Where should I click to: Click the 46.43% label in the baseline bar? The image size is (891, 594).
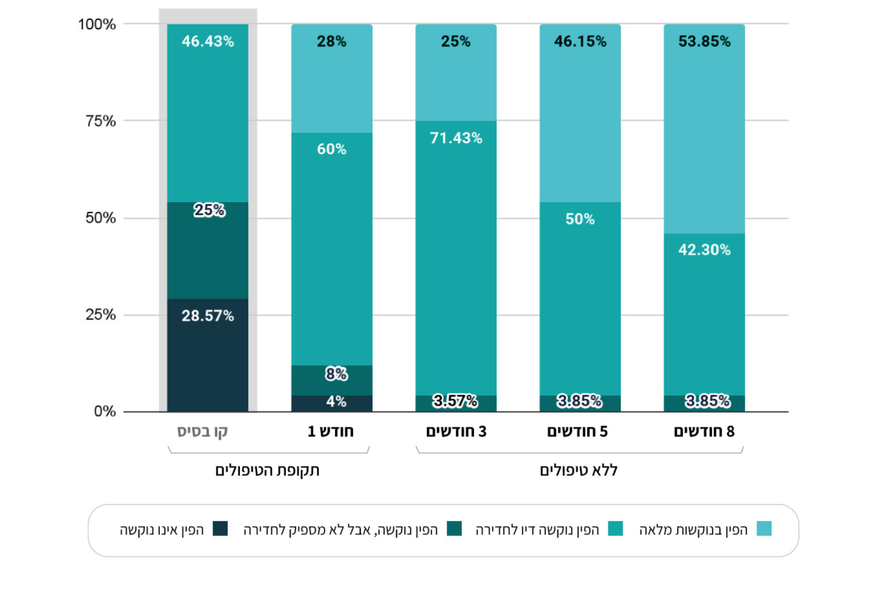(208, 41)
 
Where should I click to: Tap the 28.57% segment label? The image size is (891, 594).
(208, 315)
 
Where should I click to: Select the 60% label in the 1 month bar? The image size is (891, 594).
(332, 149)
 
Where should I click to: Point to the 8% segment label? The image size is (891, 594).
(336, 374)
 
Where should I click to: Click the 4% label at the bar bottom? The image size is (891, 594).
(336, 401)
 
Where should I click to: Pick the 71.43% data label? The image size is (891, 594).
(456, 138)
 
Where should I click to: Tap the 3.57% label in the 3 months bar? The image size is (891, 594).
(455, 401)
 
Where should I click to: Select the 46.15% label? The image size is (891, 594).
(580, 41)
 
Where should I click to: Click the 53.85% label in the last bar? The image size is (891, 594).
(704, 41)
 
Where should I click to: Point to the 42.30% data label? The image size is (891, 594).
(704, 249)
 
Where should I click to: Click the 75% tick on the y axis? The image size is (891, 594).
(100, 121)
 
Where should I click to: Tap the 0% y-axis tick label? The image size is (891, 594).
(105, 411)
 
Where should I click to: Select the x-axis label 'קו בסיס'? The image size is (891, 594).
(202, 431)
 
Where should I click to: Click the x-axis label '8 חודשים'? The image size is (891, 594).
(704, 431)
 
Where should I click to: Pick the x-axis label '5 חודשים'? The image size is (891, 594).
(577, 431)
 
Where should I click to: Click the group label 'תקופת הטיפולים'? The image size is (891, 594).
(267, 470)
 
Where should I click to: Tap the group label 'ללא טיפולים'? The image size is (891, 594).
(579, 470)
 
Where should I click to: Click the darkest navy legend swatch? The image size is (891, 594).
(220, 529)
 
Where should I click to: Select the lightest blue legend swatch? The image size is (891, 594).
(764, 529)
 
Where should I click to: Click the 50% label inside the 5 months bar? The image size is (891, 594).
(580, 218)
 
